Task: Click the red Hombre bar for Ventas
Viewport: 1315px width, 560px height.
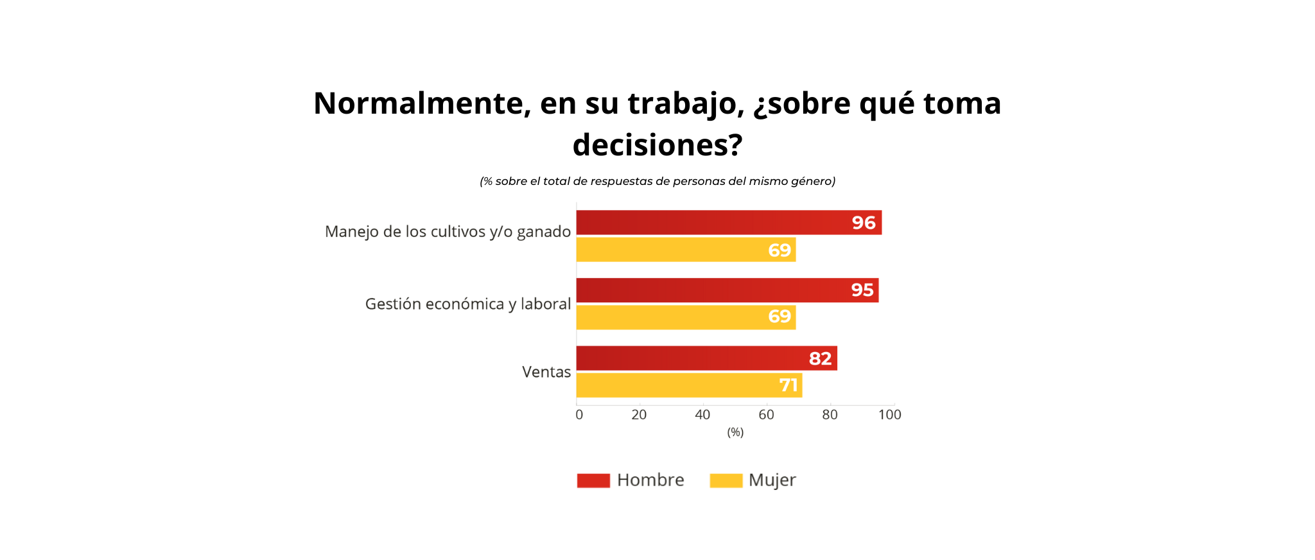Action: pos(706,358)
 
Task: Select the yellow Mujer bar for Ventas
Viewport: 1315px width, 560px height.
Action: pos(689,385)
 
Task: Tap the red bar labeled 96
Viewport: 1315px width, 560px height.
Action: pos(729,222)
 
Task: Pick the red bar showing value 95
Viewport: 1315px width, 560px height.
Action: pos(727,290)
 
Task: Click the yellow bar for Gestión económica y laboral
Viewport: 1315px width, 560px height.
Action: pos(686,317)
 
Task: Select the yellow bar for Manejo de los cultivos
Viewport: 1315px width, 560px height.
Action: pos(686,249)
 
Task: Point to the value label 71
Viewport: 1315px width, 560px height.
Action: pos(788,385)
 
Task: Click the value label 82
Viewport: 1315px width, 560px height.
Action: pos(820,358)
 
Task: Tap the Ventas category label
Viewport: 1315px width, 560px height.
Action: pos(546,372)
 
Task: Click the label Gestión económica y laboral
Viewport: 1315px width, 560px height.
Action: pos(468,304)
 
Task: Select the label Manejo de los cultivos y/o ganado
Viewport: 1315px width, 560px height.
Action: pos(448,232)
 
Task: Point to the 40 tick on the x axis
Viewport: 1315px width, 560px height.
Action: pos(702,415)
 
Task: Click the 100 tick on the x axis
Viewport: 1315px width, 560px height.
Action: pos(890,415)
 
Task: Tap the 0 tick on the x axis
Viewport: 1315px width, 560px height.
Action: pos(579,415)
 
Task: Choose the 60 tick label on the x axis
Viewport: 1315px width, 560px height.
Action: pos(766,415)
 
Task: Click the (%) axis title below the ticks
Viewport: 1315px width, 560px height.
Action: pos(735,432)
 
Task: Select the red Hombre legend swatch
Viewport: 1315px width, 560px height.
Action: pos(593,480)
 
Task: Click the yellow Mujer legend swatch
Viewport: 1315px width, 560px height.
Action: pos(726,480)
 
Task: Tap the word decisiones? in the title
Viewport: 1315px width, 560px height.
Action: pos(657,145)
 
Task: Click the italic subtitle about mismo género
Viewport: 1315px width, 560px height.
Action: pos(657,181)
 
